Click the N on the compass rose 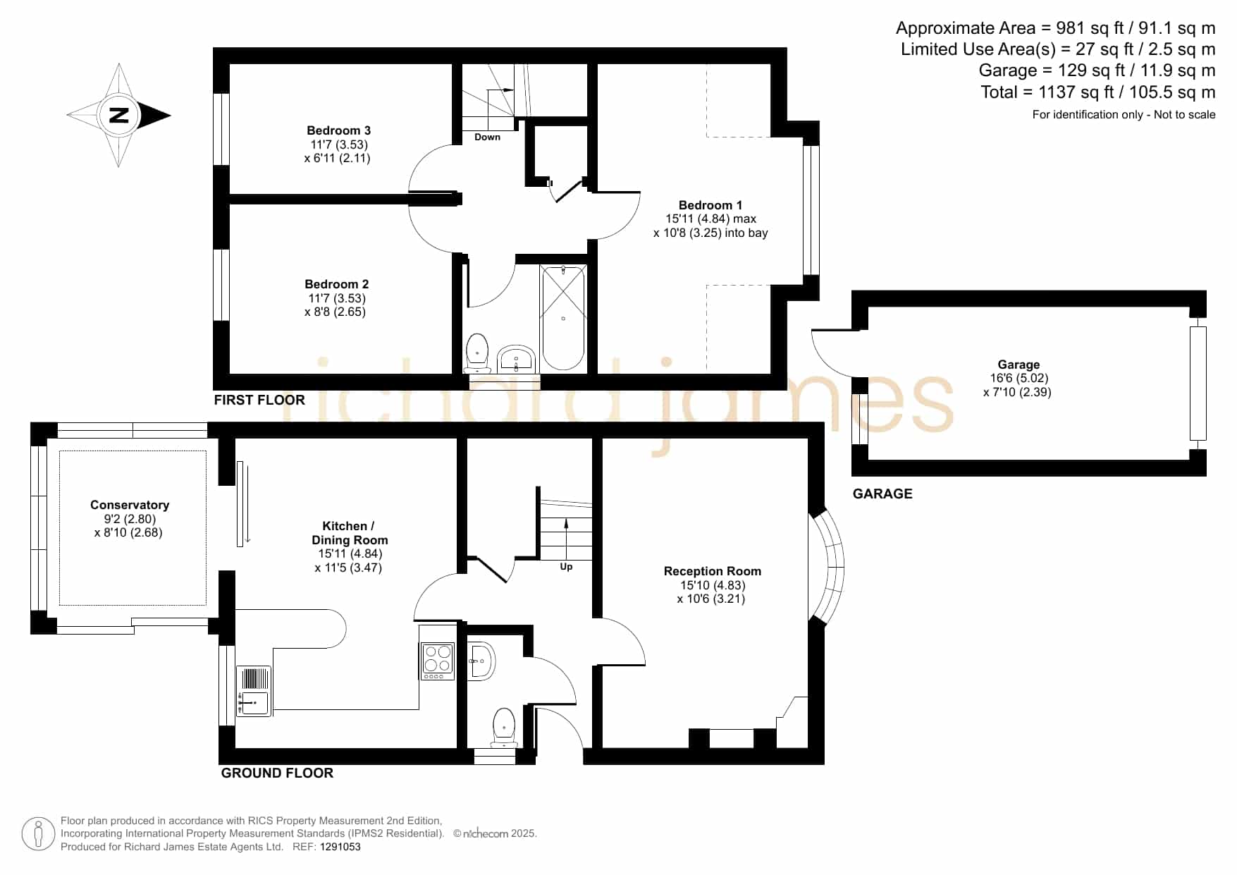[119, 115]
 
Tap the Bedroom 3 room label [338, 130]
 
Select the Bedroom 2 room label [336, 284]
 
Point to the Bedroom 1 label [710, 205]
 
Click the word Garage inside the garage [1018, 365]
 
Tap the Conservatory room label [130, 505]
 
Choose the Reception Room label [712, 571]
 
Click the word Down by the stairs [487, 137]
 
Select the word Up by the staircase [566, 567]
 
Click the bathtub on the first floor [563, 317]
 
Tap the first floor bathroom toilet [477, 353]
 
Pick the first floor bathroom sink [517, 360]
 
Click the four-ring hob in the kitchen [437, 661]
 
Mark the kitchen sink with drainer [254, 691]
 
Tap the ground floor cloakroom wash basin [482, 661]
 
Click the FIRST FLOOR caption [259, 400]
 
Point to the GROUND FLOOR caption [277, 773]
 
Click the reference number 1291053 [340, 847]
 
